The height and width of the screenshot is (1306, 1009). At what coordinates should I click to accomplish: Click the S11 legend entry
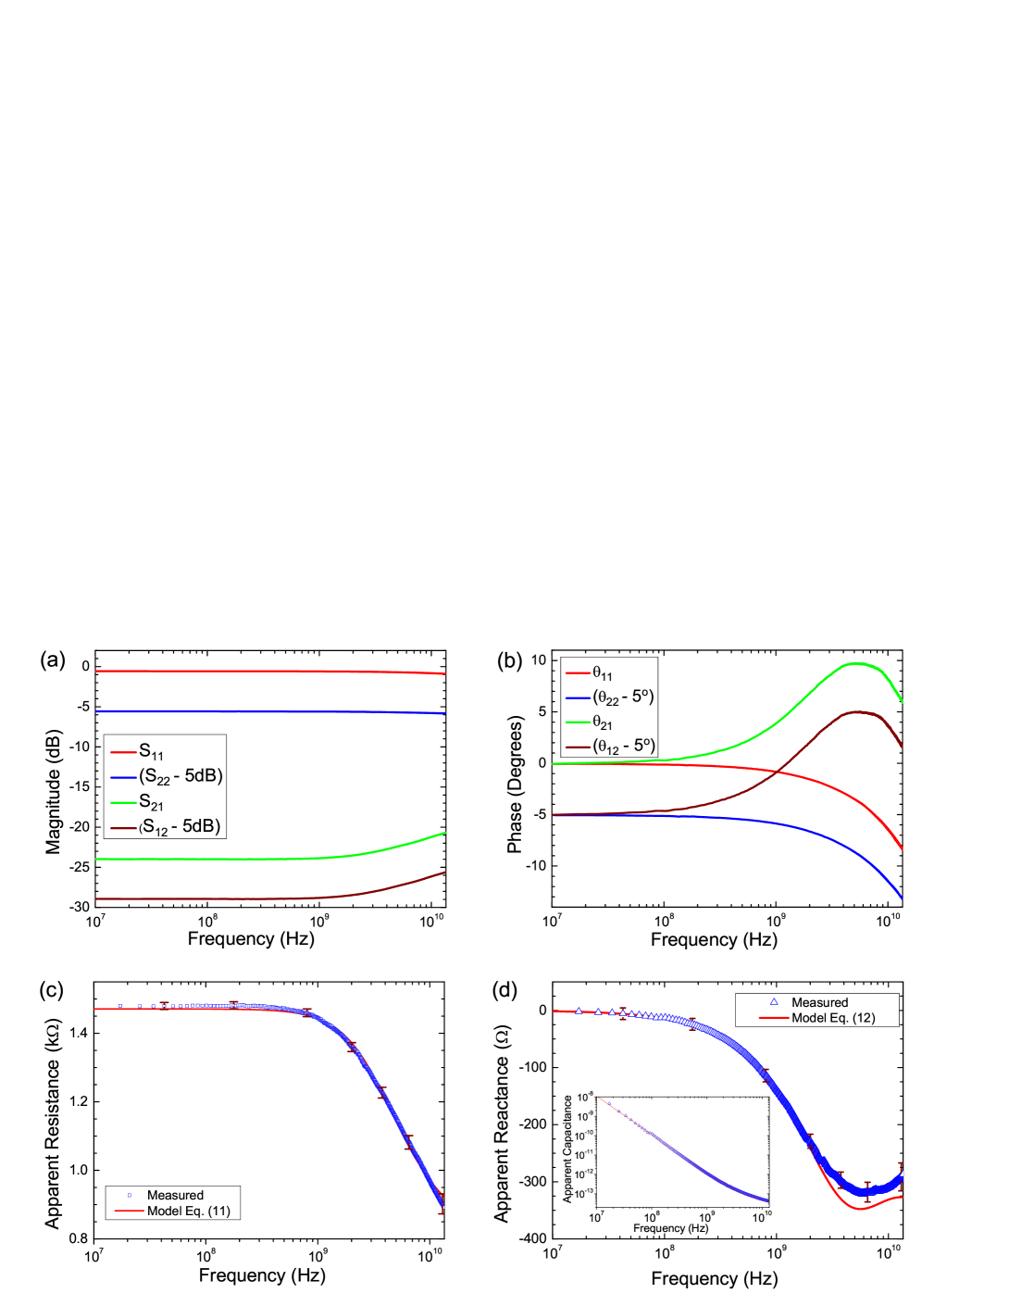tap(152, 752)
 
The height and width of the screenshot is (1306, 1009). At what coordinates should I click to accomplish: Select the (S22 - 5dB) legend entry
tap(181, 776)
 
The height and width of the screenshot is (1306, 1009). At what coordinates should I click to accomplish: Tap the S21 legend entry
tap(152, 802)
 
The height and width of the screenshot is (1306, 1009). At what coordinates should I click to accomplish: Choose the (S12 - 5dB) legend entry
tap(181, 826)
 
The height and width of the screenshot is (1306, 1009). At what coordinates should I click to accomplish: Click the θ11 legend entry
tap(603, 673)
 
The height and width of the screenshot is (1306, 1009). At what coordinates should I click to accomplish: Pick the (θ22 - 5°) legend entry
tap(623, 697)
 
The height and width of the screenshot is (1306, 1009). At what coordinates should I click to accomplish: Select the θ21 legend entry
tap(603, 722)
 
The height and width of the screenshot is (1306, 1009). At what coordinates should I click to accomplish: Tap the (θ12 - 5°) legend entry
tap(623, 746)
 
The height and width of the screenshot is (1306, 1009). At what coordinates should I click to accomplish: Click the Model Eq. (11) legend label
tap(189, 1211)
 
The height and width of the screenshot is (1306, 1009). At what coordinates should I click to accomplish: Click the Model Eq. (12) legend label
tap(833, 1018)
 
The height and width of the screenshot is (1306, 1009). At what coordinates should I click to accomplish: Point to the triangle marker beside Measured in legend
tap(774, 1002)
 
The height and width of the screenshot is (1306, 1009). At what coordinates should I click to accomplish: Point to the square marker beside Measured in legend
tap(129, 1195)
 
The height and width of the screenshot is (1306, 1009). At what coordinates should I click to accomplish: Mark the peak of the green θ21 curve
tap(858, 663)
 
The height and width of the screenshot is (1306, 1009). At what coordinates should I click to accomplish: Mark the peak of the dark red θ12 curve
tap(858, 712)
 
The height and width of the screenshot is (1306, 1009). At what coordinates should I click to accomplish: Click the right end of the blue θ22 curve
tap(902, 897)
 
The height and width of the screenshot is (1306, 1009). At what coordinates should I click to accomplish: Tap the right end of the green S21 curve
tap(446, 833)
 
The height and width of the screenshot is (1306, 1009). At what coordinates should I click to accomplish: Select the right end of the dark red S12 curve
tap(446, 872)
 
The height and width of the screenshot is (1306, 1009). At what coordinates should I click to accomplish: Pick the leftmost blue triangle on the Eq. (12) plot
tap(579, 1011)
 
